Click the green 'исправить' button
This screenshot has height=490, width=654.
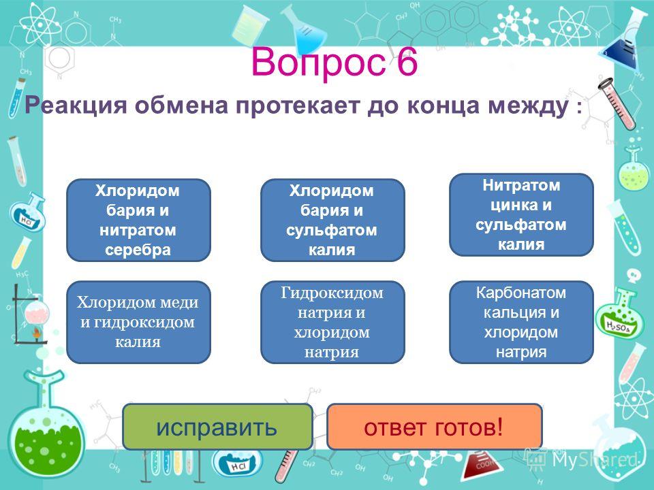217,427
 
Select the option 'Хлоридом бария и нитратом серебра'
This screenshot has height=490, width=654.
138,220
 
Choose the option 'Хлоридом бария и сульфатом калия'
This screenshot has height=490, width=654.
332,220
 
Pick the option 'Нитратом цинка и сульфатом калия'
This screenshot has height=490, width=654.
521,214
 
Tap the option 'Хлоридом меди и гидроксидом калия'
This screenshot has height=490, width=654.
138,322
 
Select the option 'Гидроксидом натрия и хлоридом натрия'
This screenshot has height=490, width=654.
332,322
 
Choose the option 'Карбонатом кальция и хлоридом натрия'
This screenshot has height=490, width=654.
521,322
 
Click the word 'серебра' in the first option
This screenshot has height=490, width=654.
138,250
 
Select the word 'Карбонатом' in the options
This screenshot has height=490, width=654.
521,293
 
